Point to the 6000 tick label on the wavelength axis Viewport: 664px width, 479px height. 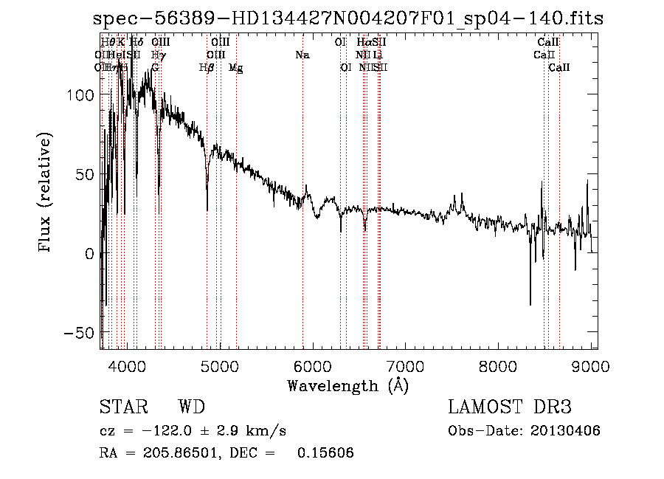pos(313,365)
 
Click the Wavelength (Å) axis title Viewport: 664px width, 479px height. pos(347,386)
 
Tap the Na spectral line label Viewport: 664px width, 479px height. pos(302,55)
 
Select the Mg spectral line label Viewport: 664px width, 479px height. pos(236,68)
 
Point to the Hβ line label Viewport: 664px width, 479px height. pos(207,68)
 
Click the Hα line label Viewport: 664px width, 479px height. pos(364,43)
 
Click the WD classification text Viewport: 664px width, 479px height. pos(192,407)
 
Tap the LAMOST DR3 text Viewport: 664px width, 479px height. pos(510,407)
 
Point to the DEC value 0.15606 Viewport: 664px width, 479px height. pos(325,453)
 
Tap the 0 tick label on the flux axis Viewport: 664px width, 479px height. pos(89,254)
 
